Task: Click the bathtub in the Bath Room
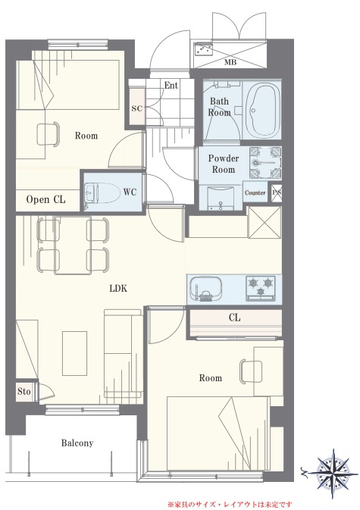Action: point(262,109)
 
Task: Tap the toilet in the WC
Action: point(102,192)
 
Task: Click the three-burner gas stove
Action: point(261,287)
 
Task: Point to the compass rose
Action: point(333,473)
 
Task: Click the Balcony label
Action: point(77,443)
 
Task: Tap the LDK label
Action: point(118,288)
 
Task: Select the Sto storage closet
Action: point(23,392)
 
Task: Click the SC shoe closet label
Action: point(137,108)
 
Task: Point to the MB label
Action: point(230,62)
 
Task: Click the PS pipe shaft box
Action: point(277,193)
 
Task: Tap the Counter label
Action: point(255,192)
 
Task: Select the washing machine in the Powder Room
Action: point(265,163)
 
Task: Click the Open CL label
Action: point(46,199)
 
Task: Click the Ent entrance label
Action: point(171,85)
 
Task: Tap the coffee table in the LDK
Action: point(75,353)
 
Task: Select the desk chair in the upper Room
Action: point(49,133)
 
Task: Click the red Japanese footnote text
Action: point(230,505)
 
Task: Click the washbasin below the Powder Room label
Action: point(221,197)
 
